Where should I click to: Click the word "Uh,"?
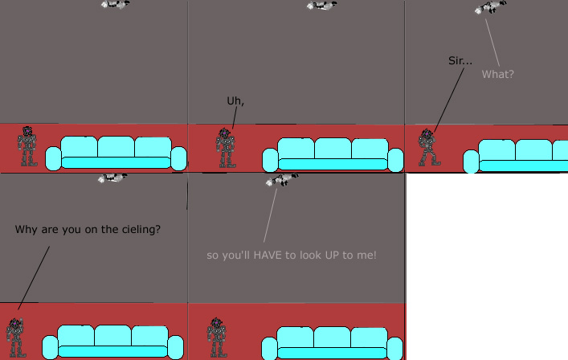[x=235, y=101]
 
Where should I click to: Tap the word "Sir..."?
[x=460, y=60]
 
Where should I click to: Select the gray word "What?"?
[x=498, y=74]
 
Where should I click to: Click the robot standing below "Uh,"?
[x=226, y=148]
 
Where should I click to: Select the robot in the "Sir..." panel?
[x=428, y=147]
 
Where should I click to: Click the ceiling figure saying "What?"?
[x=491, y=7]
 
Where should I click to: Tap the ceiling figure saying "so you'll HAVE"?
[x=282, y=180]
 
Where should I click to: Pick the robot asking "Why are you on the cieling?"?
[x=15, y=337]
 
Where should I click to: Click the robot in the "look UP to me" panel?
[x=217, y=337]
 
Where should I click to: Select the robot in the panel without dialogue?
[x=27, y=146]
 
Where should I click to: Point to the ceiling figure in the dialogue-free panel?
[x=115, y=4]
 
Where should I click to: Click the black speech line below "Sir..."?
[x=449, y=100]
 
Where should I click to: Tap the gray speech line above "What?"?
[x=492, y=43]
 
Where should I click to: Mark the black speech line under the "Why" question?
[x=34, y=278]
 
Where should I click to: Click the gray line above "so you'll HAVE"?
[x=270, y=215]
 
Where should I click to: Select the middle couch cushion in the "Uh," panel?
[x=333, y=149]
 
